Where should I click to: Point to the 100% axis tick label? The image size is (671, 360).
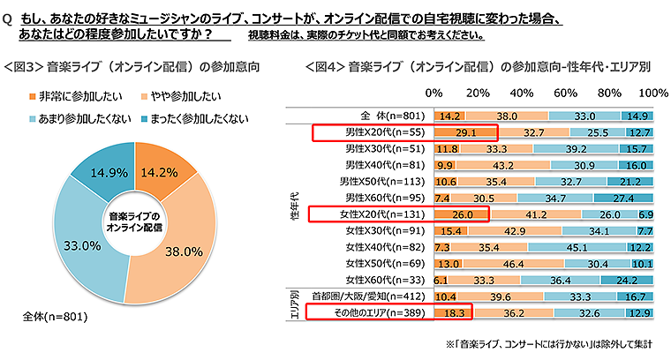tap(653, 93)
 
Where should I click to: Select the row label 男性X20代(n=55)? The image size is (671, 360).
tap(385, 132)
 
